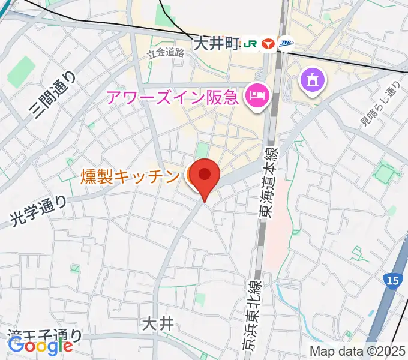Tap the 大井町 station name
(215, 43)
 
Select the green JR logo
(250, 43)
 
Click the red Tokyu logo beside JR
(268, 43)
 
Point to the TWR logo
(286, 43)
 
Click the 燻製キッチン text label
(130, 176)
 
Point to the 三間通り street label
(53, 94)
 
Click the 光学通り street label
(40, 212)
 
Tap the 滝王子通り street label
(46, 335)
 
